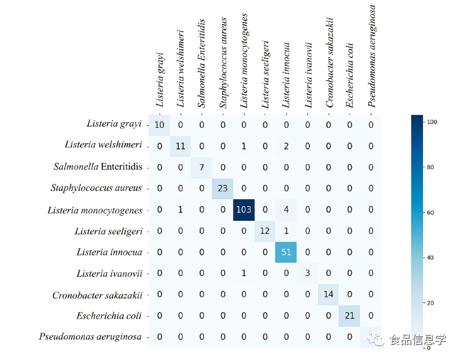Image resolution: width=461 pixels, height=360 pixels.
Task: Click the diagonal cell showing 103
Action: pos(244,210)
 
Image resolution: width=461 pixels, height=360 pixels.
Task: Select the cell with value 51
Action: pos(287,252)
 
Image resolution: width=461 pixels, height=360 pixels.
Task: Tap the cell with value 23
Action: pos(223,188)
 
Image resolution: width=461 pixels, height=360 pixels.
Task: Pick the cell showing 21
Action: pos(350,315)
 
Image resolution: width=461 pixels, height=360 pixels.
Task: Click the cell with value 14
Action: pos(329,294)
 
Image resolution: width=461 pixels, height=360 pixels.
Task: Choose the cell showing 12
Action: pos(265,231)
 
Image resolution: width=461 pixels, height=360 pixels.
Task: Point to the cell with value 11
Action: pos(181,146)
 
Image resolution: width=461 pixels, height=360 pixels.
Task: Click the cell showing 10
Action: pos(160,125)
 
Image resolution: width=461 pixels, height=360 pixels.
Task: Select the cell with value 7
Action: pos(202,167)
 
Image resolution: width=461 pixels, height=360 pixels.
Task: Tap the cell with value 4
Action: pos(287,210)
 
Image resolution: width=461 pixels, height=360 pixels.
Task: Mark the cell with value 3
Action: pos(308,273)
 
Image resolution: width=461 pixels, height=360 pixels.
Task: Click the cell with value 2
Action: pos(287,146)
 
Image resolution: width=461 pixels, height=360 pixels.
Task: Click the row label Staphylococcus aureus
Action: pos(96,188)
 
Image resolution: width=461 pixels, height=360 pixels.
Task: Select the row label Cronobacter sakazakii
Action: pos(97,295)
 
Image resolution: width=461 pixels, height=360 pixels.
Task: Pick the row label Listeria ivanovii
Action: pos(109,273)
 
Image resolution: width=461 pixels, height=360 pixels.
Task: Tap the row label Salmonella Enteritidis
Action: pos(97,167)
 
